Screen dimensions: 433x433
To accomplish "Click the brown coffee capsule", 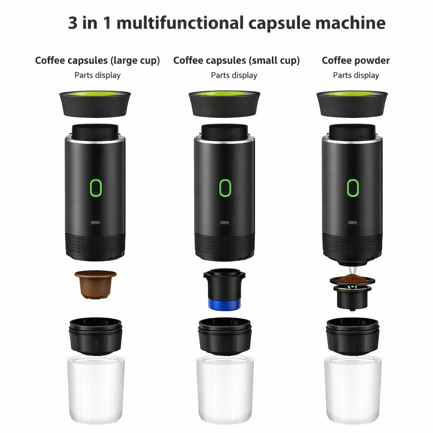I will point(96,284).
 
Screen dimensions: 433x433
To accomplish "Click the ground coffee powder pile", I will point(352,279).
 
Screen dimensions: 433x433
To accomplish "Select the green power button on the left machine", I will point(96,188).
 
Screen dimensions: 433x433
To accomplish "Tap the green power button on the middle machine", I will point(225,188).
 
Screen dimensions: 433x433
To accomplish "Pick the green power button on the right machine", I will point(353,188).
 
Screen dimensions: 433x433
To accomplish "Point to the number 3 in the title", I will point(73,23).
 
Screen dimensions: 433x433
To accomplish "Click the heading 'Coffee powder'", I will point(356,60).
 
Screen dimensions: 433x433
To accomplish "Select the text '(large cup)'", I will point(135,60).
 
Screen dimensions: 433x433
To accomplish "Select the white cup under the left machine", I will point(96,389).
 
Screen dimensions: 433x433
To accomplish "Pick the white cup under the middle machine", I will point(225,389).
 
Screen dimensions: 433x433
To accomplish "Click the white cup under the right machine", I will point(353,389).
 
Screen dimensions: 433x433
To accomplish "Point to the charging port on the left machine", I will point(96,222).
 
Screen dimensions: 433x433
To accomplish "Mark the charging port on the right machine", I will point(352,222).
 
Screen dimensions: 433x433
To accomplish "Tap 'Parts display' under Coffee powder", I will point(356,75).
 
